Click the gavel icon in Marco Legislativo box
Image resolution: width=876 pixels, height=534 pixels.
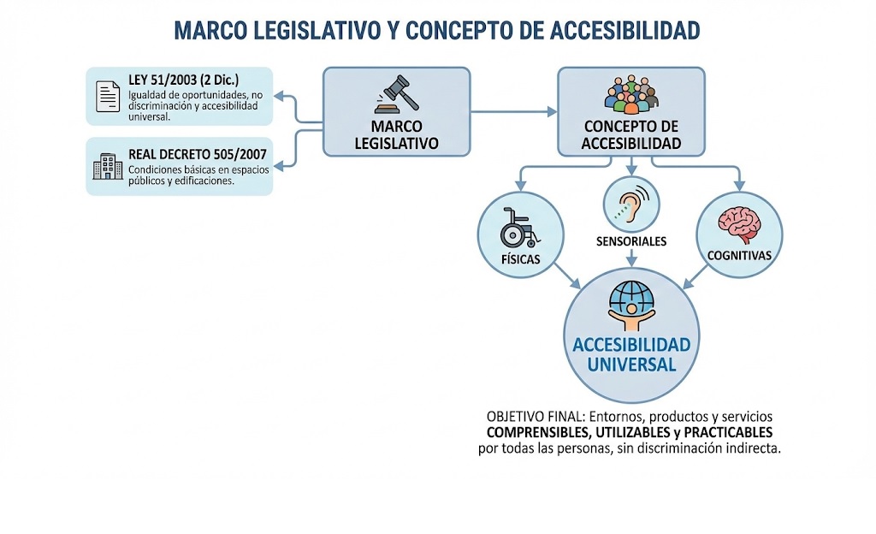[396, 97]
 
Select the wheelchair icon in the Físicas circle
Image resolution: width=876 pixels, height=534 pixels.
[518, 228]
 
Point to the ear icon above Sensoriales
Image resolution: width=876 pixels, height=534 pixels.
[630, 203]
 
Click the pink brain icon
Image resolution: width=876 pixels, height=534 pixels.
[739, 223]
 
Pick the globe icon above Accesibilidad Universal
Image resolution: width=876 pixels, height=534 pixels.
[631, 305]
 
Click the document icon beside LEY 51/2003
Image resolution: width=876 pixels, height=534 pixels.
[108, 95]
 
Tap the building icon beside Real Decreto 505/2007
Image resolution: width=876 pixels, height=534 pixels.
[108, 165]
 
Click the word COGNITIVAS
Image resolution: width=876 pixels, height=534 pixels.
[740, 255]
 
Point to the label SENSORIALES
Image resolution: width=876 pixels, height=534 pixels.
[631, 241]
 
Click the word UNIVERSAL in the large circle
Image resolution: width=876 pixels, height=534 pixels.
[631, 364]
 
